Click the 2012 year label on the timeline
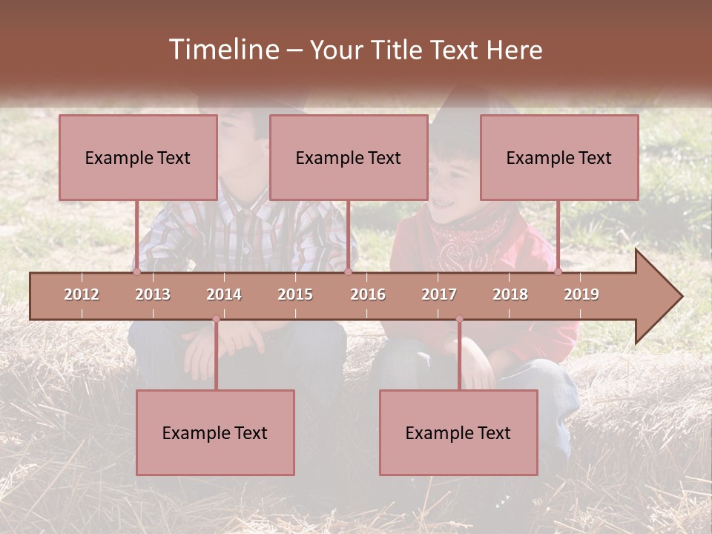point(82,294)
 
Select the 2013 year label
point(153,294)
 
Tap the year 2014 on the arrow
point(224,294)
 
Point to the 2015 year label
point(295,294)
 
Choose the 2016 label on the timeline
point(368,294)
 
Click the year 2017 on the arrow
point(439,294)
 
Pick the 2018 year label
point(510,294)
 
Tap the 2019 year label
point(581,294)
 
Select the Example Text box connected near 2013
point(138,157)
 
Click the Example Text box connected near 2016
point(349,157)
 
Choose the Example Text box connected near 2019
point(559,157)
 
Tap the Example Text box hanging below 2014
point(215,432)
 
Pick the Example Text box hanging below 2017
point(458,432)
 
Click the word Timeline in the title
point(222,50)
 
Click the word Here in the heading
point(514,50)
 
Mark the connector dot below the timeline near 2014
point(216,319)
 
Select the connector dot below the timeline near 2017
point(459,319)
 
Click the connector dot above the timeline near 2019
point(558,271)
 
